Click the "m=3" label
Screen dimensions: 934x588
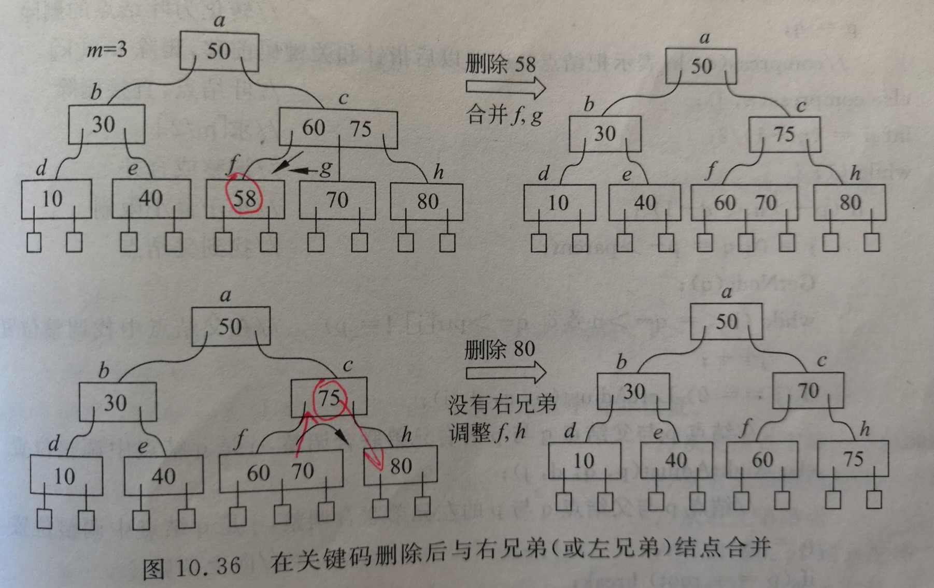(107, 50)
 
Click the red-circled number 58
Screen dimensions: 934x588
(245, 197)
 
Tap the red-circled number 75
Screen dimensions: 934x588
(329, 398)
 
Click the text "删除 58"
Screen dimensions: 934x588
(500, 64)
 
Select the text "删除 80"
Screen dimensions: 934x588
(500, 350)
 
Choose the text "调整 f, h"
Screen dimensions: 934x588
(488, 432)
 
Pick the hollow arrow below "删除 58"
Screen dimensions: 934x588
(505, 87)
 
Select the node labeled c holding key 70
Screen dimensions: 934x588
(808, 391)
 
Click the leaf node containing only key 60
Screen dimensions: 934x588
(761, 460)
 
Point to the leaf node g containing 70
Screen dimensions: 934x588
(337, 200)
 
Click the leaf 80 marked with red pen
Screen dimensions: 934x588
(400, 466)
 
